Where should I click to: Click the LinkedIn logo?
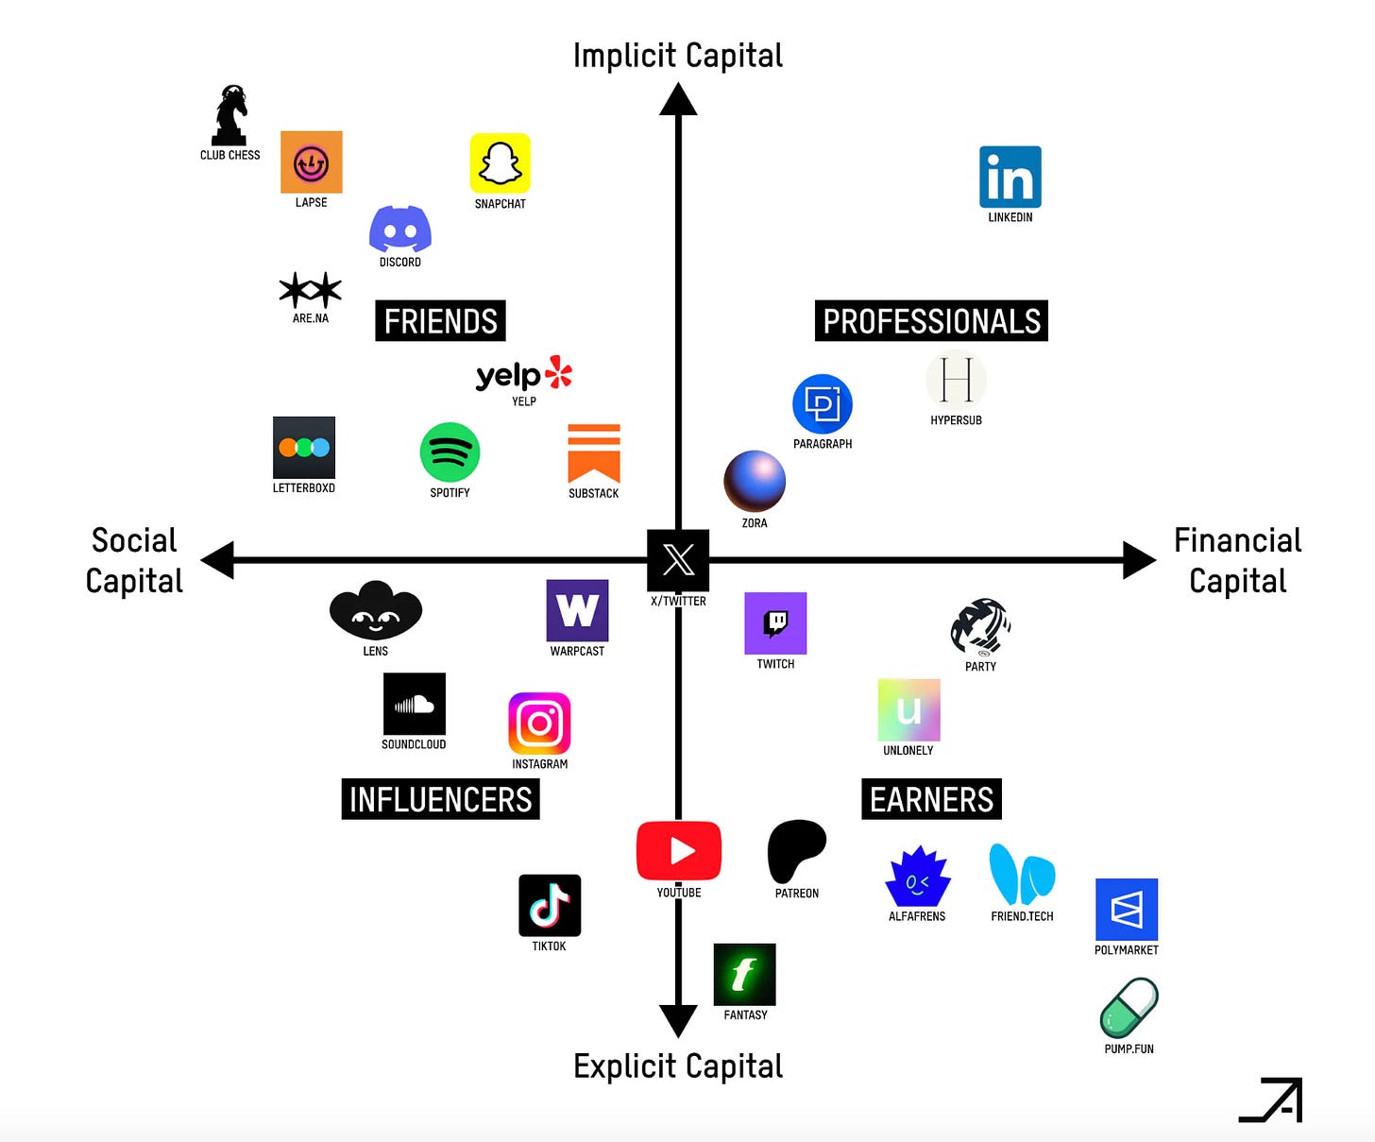[x=1010, y=177]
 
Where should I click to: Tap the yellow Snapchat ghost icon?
[x=501, y=163]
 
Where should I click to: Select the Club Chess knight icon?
[x=229, y=115]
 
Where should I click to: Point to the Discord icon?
[x=400, y=230]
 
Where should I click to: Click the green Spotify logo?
[x=450, y=452]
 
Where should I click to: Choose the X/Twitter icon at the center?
[x=678, y=560]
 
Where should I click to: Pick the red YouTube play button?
[x=679, y=851]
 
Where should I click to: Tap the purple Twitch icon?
[x=775, y=623]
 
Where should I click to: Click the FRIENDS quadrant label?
[x=440, y=321]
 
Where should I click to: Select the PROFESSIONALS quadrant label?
[x=931, y=321]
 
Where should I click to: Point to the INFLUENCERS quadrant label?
[x=440, y=799]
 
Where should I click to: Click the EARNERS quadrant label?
[x=931, y=799]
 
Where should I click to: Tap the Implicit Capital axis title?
[x=678, y=56]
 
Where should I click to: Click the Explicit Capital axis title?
[x=678, y=1065]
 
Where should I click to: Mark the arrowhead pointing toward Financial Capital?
[x=1138, y=560]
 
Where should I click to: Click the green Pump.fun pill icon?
[x=1129, y=1008]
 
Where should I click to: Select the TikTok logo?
[x=550, y=905]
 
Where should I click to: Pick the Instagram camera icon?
[x=539, y=724]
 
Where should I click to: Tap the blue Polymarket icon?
[x=1127, y=910]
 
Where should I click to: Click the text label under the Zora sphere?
[x=755, y=523]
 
